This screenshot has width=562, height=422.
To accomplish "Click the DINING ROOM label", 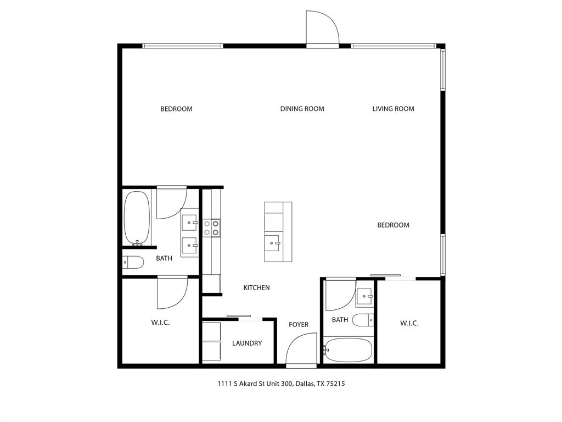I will pyautogui.click(x=302, y=109).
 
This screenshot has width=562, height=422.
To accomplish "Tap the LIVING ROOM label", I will pyautogui.click(x=393, y=109).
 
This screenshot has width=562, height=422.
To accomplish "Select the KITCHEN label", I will pyautogui.click(x=256, y=287).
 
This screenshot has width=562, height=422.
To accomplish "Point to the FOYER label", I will pyautogui.click(x=299, y=325).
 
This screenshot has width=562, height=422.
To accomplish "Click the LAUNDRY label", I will pyautogui.click(x=246, y=343).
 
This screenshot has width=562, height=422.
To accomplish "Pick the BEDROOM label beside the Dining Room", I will pyautogui.click(x=176, y=109).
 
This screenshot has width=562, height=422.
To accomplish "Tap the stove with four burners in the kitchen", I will pyautogui.click(x=211, y=228).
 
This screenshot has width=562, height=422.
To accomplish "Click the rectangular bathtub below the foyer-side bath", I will pyautogui.click(x=349, y=350).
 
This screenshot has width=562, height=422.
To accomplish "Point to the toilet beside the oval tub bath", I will pyautogui.click(x=133, y=263).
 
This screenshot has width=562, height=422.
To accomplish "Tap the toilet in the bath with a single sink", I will pyautogui.click(x=363, y=319).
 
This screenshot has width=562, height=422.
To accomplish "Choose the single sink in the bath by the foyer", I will pyautogui.click(x=364, y=297).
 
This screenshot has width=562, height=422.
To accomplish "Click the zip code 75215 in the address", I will pyautogui.click(x=335, y=384).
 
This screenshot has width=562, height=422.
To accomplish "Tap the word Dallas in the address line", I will pyautogui.click(x=304, y=384).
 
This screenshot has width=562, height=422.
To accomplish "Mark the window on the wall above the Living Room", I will pyautogui.click(x=394, y=46).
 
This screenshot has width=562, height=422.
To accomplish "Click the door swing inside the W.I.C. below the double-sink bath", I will pyautogui.click(x=171, y=292).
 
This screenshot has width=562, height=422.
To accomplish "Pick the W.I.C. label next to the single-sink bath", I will pyautogui.click(x=409, y=323).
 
